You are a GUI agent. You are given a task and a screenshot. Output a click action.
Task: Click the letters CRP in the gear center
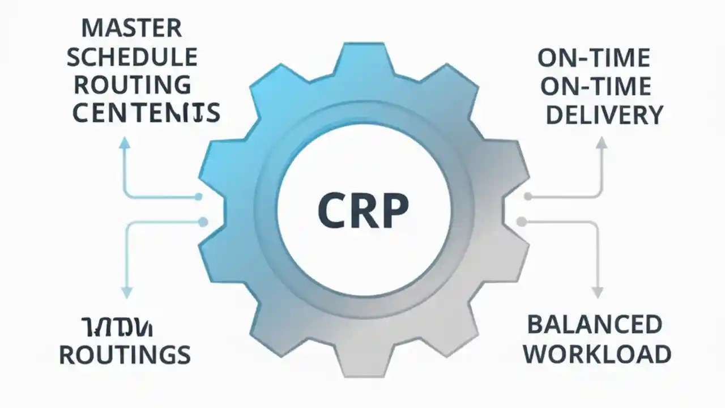[363, 210]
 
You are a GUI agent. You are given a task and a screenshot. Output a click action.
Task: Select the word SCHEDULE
[135, 57]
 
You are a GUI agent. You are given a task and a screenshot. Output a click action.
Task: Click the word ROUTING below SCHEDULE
[133, 85]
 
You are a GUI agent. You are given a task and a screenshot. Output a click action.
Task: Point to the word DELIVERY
[604, 115]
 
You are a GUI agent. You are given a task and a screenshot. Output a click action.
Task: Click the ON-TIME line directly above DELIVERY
[595, 87]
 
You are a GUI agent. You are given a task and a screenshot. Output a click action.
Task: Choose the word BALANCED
[595, 325]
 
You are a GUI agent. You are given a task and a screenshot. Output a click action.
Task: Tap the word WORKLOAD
[596, 354]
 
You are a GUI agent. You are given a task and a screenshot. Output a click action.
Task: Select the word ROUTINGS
[125, 355]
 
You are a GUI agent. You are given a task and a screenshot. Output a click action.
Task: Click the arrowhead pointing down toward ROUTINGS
[126, 292]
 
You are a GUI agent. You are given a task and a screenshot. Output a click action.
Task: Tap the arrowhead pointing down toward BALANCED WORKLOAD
[596, 292]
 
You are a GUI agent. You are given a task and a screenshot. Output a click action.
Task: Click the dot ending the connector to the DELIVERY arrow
[528, 197]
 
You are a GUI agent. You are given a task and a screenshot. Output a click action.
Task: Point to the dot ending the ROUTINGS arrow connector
[202, 222]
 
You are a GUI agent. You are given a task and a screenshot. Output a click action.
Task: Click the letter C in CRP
[331, 210]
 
